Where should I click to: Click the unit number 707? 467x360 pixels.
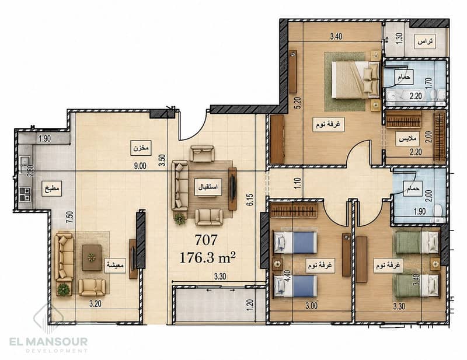point(206,240)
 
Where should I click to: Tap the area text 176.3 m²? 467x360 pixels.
point(208,258)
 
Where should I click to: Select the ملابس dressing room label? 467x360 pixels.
point(407,139)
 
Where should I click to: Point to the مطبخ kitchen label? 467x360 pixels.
point(52,188)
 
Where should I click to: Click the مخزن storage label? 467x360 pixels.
point(141,148)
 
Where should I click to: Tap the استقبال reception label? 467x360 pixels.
point(208,187)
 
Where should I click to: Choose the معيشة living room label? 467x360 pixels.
point(115,265)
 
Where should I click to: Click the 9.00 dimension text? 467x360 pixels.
point(140,166)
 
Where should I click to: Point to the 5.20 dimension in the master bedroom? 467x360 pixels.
point(299,103)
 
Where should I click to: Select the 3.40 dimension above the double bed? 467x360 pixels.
point(336,36)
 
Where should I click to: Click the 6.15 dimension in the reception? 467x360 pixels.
point(250,200)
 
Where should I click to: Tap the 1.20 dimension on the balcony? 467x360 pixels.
point(250,305)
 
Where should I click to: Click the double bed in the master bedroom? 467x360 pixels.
point(356,79)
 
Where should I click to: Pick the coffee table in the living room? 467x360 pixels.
point(92,257)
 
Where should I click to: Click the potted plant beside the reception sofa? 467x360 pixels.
point(180,219)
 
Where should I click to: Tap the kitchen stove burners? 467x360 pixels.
point(25,194)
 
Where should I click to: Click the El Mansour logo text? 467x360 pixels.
point(48,341)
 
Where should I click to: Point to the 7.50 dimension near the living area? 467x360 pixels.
point(69,218)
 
